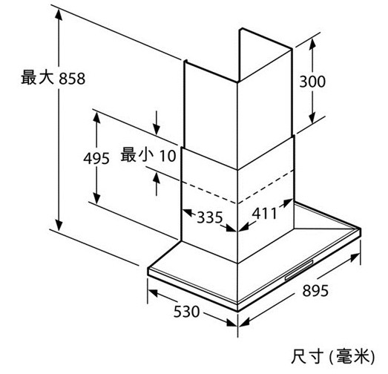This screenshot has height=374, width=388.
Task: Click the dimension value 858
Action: pyautogui.click(x=72, y=79)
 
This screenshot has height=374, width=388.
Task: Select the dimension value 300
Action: pyautogui.click(x=312, y=82)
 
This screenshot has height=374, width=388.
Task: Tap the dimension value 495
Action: pyautogui.click(x=96, y=158)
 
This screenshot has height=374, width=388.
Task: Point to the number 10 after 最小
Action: pyautogui.click(x=168, y=156)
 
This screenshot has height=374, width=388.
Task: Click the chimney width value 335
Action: pyautogui.click(x=210, y=217)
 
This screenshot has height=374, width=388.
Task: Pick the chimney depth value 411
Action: pyautogui.click(x=264, y=214)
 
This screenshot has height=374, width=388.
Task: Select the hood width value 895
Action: pyautogui.click(x=315, y=291)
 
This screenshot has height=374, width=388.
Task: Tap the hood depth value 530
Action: pyautogui.click(x=186, y=312)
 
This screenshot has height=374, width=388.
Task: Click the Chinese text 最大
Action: pyautogui.click(x=37, y=77)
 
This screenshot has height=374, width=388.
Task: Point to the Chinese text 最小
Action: pyautogui.click(x=136, y=155)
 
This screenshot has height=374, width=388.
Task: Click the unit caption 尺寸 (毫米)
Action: pyautogui.click(x=333, y=357)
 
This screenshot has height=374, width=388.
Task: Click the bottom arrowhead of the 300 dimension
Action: pyautogui.click(x=312, y=118)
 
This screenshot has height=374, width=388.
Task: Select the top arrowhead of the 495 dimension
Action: pyautogui.click(x=96, y=117)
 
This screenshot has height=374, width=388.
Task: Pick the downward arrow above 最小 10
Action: pyautogui.click(x=157, y=123)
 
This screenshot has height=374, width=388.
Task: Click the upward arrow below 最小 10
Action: pyautogui.click(x=157, y=184)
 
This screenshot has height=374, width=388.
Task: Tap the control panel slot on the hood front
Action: pyautogui.click(x=299, y=270)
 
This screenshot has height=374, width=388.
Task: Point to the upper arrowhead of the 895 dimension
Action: pyautogui.click(x=355, y=257)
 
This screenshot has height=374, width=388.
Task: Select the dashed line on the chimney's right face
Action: pyautogui.click(x=266, y=187)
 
